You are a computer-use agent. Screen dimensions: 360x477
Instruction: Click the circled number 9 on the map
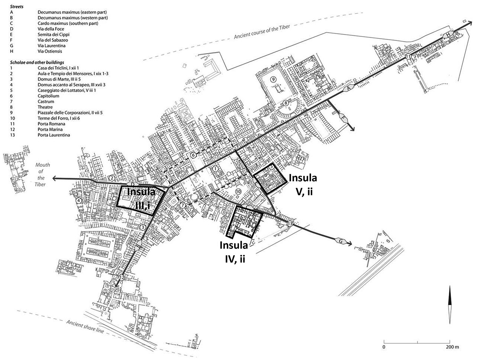pos(273,79)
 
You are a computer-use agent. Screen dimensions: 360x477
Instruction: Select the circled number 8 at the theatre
pos(286,103)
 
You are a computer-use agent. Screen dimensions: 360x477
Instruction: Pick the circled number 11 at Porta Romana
pos(408,56)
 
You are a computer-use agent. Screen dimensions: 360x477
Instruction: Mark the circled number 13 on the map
pos(290,224)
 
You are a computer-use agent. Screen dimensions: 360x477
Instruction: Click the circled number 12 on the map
pos(121,278)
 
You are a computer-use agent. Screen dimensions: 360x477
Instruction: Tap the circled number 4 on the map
pos(79,201)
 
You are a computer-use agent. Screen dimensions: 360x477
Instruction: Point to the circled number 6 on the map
pos(194,156)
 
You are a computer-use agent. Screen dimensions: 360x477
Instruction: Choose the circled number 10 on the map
pos(238,191)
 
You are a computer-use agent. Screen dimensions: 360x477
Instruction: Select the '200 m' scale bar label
pos(452,347)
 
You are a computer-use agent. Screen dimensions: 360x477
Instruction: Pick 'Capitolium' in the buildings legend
pos(48,96)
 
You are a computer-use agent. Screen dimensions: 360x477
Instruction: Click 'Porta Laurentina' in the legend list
pos(54,135)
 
